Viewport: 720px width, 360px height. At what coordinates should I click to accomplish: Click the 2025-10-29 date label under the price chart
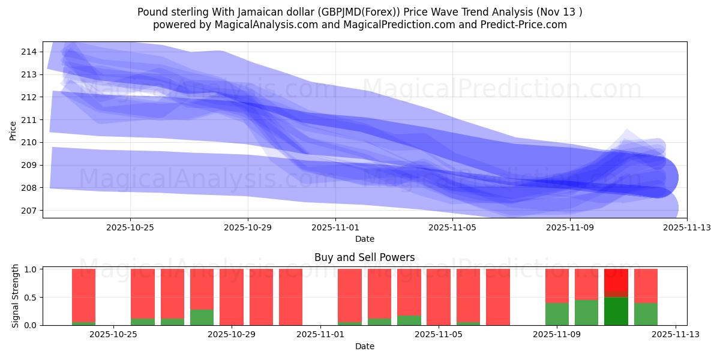[x=248, y=227]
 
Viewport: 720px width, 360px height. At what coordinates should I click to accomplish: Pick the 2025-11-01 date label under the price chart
[x=335, y=227]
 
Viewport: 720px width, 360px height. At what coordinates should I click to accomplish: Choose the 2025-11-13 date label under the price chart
[x=686, y=227]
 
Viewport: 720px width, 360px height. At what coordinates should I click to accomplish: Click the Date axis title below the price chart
[x=364, y=239]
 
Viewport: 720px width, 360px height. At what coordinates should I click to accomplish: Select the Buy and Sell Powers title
[x=364, y=257]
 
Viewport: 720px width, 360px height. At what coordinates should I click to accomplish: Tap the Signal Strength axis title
[x=16, y=296]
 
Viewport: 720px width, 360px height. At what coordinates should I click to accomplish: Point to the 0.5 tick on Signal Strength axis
[x=30, y=297]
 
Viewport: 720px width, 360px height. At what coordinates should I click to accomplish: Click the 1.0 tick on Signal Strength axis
[x=30, y=269]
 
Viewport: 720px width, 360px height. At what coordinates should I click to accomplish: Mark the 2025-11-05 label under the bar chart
[x=439, y=335]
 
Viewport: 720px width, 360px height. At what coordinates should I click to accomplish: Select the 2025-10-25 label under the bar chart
[x=113, y=335]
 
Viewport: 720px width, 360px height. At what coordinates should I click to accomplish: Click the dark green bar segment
[x=616, y=311]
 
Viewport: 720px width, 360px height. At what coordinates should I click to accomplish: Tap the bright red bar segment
[x=616, y=280]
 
